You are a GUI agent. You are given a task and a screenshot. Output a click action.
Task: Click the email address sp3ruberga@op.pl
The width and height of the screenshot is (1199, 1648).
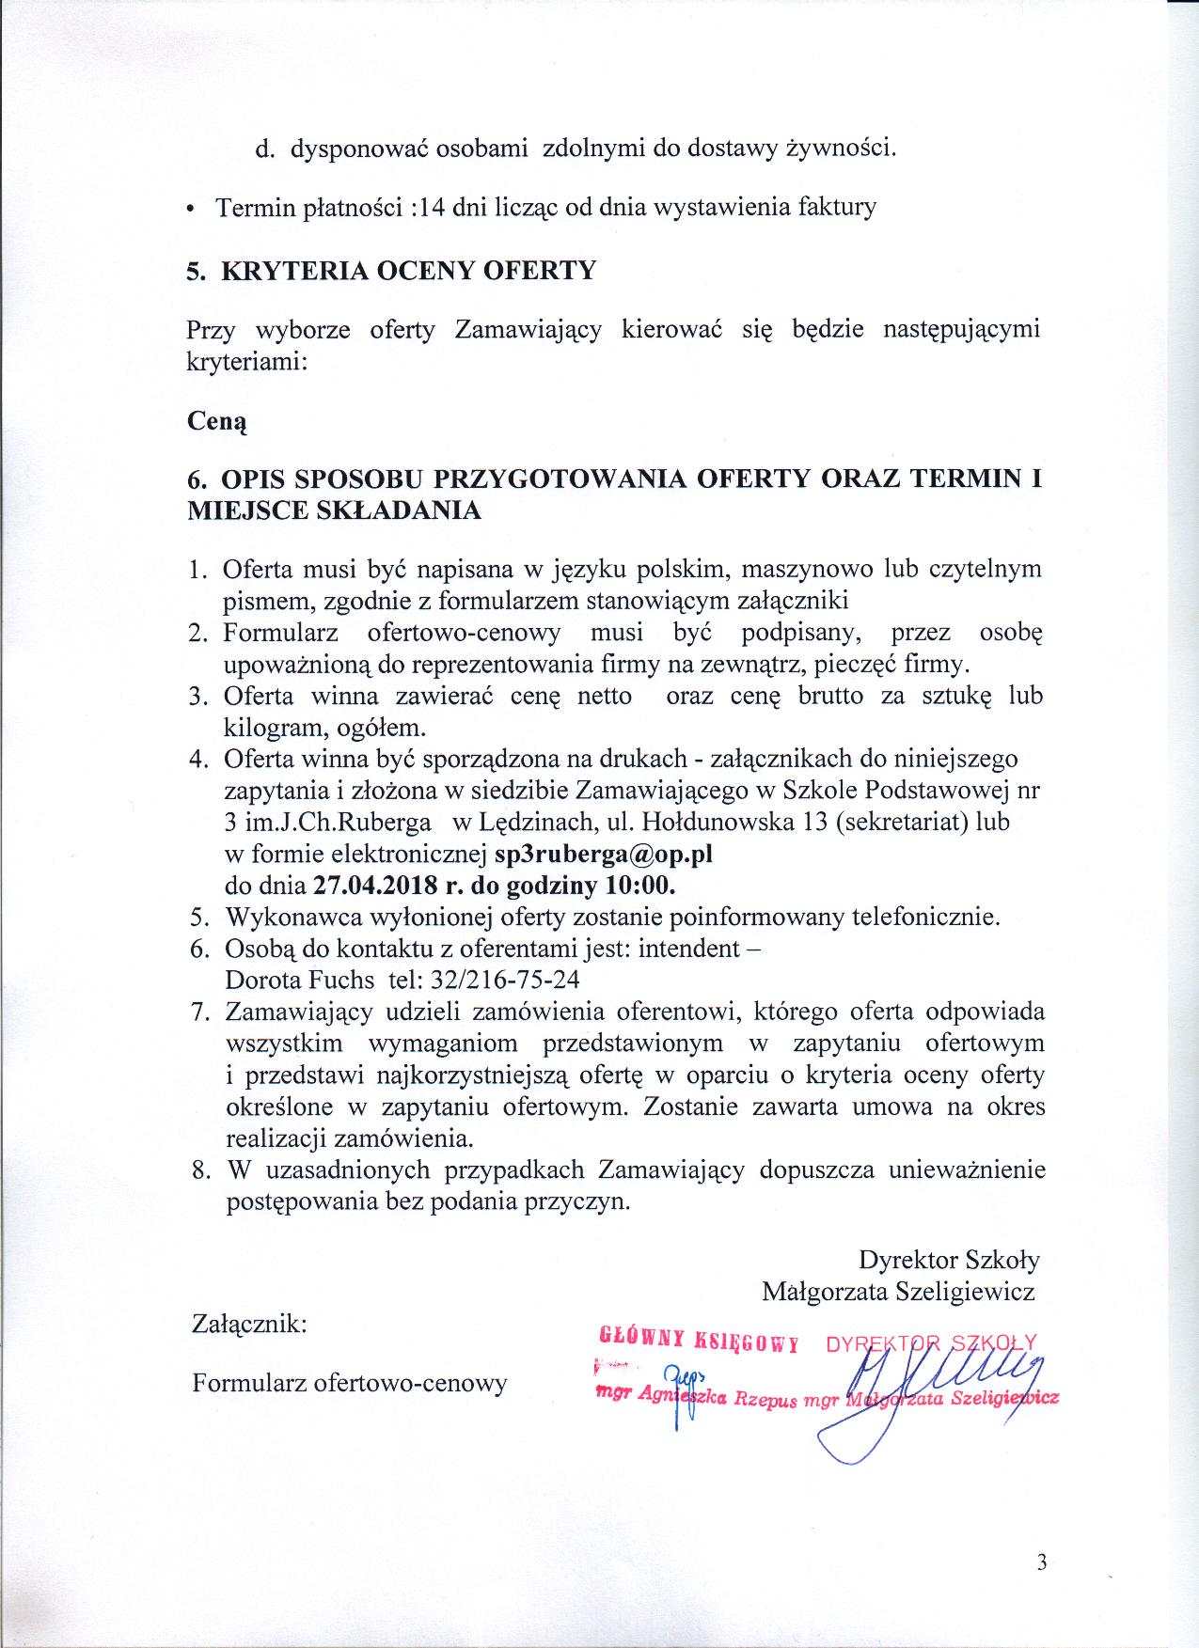click(605, 855)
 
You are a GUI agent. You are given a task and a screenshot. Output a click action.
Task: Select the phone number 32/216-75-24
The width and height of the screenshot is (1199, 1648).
click(504, 980)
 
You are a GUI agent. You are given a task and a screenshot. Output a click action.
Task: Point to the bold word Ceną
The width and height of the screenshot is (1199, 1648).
click(217, 423)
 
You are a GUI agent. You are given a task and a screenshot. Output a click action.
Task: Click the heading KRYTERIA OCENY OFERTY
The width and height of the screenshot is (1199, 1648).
click(407, 271)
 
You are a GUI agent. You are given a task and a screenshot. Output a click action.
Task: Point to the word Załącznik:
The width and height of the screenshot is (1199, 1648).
click(249, 1325)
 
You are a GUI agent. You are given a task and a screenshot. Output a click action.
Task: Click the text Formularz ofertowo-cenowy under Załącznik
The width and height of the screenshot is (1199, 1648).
click(349, 1383)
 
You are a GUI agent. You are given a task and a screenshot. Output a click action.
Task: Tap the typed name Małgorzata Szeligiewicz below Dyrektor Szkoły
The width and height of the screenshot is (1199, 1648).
click(898, 1292)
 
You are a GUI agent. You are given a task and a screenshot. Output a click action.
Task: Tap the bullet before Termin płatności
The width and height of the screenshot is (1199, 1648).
click(192, 209)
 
